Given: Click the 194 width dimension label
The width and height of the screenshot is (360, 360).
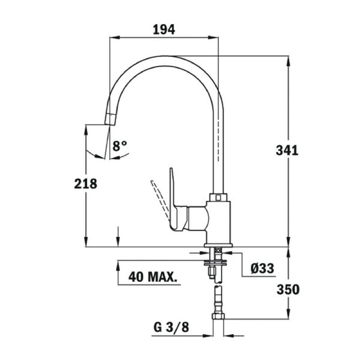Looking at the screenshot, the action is coord(164,29).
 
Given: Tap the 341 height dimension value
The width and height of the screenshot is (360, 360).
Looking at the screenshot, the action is coord(287,151).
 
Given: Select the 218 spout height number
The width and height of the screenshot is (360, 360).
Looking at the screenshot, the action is coord(86,184).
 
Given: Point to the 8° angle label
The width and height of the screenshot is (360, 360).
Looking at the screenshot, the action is coord(119,146).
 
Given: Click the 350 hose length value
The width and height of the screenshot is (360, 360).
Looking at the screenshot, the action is coord(288,290).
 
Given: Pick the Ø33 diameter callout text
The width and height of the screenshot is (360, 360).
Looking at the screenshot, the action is coord(262,268).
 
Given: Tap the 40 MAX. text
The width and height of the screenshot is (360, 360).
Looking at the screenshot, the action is coord(152,277).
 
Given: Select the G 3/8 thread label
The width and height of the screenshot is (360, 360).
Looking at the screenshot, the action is coord(171,327).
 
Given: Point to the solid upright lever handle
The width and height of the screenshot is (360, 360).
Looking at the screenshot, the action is coord(173,197).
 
